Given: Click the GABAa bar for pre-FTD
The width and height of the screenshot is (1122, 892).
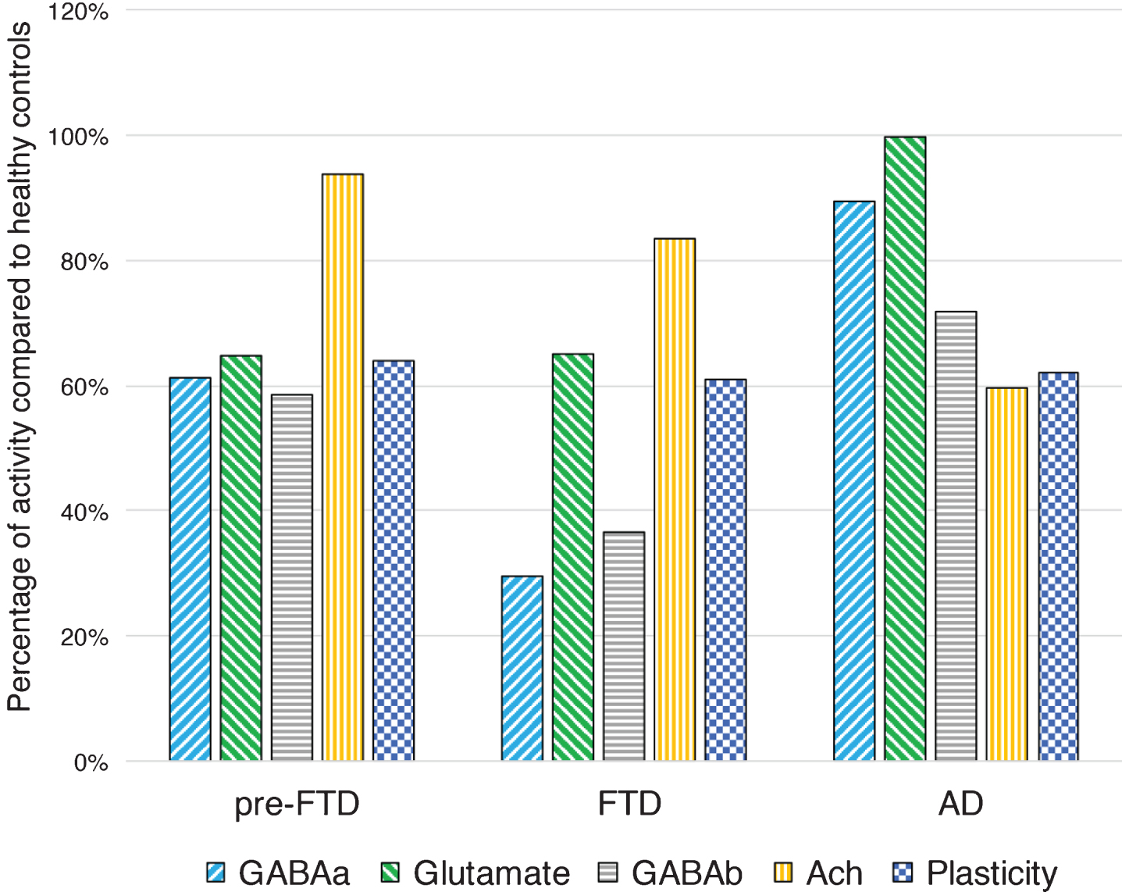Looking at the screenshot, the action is coord(191,569).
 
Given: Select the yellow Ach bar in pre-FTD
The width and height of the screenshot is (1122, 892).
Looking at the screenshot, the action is coord(343,467).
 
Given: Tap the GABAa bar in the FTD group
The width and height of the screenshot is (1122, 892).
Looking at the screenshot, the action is coord(522,668).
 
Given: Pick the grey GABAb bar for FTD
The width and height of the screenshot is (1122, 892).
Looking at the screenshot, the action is coord(624,646).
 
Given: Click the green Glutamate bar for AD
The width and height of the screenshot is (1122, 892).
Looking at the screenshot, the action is coord(905,448).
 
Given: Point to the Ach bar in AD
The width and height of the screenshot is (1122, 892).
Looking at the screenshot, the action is coord(1006,574).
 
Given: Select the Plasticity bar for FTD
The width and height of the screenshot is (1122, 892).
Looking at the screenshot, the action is coord(726,569).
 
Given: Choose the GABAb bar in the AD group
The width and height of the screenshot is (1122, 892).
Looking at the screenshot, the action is coord(956,536).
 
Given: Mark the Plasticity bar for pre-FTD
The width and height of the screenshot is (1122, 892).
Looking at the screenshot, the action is coord(394,560).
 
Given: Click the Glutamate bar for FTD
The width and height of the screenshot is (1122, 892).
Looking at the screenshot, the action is coord(573,557).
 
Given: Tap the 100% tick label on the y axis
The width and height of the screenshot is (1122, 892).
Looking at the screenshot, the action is coord(78,137).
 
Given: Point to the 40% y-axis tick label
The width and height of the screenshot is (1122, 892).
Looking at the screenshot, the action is coord(84,512).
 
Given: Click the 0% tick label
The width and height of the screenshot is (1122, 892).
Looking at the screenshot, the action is coord(91,762).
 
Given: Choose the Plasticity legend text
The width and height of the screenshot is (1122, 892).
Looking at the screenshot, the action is coord(992,873).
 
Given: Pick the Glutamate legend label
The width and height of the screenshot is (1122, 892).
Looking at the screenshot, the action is coord(492,872).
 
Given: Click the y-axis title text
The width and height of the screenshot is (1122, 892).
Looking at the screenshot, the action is coord(20,366).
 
